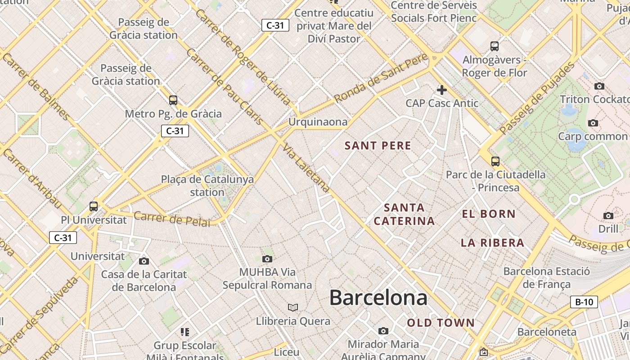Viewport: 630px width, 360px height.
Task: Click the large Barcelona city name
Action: (378, 298)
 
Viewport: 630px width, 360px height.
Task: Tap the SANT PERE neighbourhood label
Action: (378, 145)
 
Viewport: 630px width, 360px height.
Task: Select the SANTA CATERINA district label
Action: (404, 214)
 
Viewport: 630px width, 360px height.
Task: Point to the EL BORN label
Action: (489, 214)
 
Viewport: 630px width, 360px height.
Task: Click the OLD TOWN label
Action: (441, 323)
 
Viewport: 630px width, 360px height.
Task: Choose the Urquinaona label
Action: (318, 122)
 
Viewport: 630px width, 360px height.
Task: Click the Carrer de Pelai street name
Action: (172, 219)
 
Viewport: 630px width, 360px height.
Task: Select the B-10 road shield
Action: (584, 302)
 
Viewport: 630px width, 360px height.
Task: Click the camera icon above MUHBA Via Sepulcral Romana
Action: (267, 259)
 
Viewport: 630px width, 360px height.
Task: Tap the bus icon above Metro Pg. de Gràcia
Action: (173, 100)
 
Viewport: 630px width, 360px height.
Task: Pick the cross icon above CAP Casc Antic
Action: (441, 90)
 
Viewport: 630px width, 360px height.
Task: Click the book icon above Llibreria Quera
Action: (293, 307)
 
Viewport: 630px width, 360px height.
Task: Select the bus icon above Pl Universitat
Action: (94, 207)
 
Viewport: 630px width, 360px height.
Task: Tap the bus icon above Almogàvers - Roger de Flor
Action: (495, 46)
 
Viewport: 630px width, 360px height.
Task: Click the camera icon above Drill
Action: (608, 216)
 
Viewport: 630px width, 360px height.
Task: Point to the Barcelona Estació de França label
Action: (546, 278)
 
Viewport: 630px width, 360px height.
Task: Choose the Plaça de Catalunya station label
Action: (207, 186)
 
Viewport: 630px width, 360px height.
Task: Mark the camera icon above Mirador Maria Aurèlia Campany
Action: (383, 331)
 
